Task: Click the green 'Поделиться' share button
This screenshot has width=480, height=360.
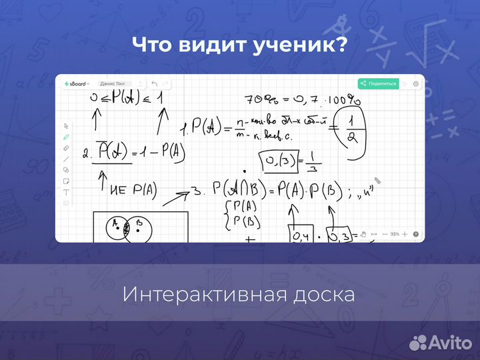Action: tap(378, 83)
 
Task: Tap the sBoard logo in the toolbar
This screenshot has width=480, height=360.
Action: tap(76, 83)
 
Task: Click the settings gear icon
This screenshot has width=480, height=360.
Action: tap(415, 83)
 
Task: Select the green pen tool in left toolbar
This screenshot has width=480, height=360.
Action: tap(66, 137)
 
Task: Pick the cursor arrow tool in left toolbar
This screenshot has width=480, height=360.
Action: tap(66, 126)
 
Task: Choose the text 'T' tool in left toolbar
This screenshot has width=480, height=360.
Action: tap(66, 191)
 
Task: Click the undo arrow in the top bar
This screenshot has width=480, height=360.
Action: tap(155, 83)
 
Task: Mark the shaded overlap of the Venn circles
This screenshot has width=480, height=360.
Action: tap(127, 228)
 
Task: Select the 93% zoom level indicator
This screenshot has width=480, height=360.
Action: tap(395, 235)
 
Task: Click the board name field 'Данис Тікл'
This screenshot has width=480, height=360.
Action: tap(112, 83)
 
